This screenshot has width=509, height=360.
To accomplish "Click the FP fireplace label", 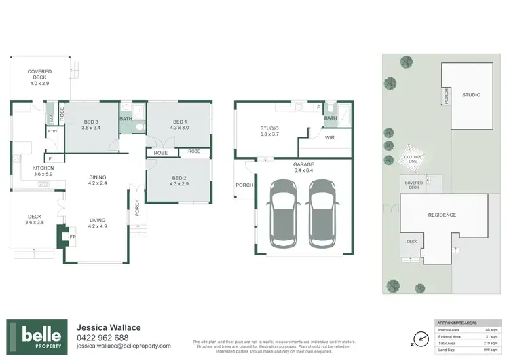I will click(x=73, y=237).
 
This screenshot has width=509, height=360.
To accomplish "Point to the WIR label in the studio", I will click(x=329, y=137).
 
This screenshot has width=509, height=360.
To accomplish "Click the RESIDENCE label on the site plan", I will click(x=442, y=215).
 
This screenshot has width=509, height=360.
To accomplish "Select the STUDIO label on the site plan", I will click(x=471, y=95).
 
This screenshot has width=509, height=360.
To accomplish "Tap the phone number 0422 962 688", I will click(x=102, y=338).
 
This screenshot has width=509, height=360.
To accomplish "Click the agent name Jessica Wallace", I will click(x=109, y=327).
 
